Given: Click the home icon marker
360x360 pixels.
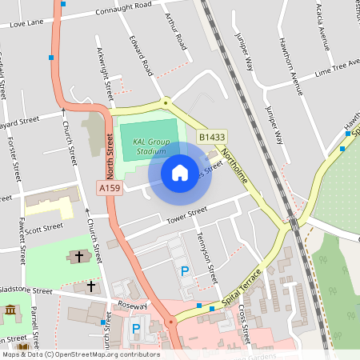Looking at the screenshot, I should pos(180,172).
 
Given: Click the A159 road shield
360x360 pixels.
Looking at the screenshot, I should pos(110,187).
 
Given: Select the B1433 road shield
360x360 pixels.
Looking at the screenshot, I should pos(211,138).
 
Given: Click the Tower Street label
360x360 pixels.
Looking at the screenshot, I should pos(186,214).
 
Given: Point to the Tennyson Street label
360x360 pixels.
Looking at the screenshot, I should pos(206,260).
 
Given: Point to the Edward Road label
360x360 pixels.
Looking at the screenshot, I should pos(141,55).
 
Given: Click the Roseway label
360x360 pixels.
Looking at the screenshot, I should pos(132,306).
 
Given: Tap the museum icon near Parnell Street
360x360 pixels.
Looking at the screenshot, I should pos(10,310).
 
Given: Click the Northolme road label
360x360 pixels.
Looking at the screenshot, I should pos(239,169).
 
